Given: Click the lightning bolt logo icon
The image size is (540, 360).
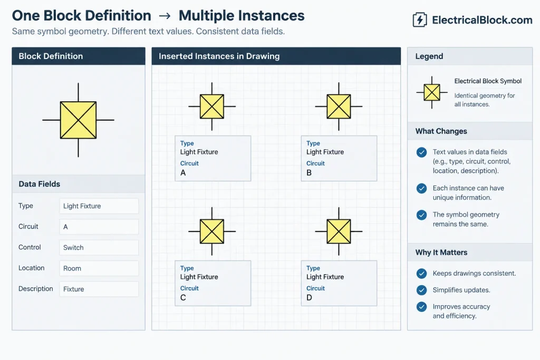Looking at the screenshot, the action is (x=419, y=20).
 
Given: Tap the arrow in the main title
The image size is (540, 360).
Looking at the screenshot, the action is (x=165, y=16).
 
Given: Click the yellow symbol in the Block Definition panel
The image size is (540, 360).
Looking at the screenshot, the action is (x=78, y=120).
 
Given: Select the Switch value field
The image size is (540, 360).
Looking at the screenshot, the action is (x=99, y=247).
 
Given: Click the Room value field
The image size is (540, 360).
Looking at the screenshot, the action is (x=99, y=268).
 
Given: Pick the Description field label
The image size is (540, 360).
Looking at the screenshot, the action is (x=36, y=289).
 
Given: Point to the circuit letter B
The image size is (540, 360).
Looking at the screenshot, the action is (x=309, y=173).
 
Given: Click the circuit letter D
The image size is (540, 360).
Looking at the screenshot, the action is (x=309, y=298).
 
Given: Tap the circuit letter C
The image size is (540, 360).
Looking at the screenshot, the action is (x=183, y=298).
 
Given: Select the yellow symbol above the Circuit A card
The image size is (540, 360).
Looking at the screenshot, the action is (x=212, y=106).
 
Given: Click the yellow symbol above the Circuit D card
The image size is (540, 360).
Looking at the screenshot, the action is (x=339, y=231).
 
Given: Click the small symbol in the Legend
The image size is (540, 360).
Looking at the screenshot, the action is (x=432, y=92).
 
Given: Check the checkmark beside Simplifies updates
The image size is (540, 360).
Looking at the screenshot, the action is (x=421, y=290).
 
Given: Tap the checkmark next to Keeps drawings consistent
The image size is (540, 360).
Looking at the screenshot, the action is (x=421, y=274).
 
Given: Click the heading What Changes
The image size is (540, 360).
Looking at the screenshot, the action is (x=441, y=131).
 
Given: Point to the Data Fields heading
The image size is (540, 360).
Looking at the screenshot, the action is (x=39, y=184).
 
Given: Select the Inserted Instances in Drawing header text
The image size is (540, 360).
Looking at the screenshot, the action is (x=219, y=56).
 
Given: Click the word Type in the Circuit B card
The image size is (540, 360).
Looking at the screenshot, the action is (x=313, y=143).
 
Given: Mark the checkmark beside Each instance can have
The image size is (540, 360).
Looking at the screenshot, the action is (x=421, y=188).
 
